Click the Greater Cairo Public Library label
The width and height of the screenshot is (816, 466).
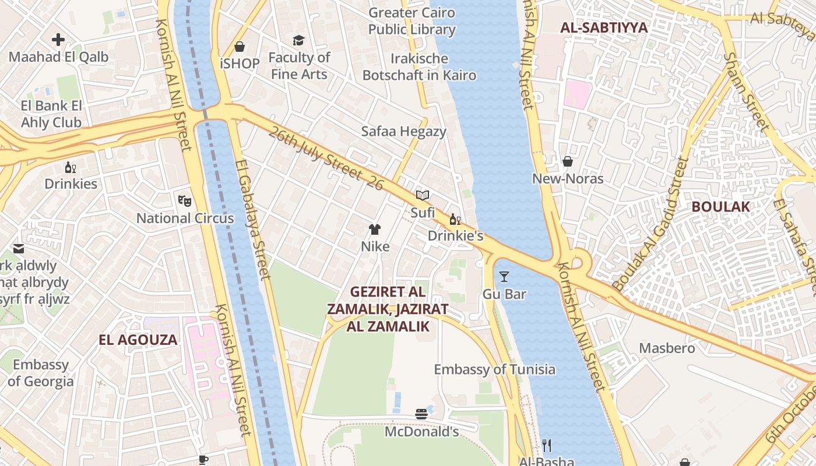coord(411,21)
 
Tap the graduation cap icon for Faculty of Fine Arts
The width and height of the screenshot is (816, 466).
coord(298,40)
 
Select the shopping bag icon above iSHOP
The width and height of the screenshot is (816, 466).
coord(240,47)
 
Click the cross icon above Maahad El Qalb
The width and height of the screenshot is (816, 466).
coord(58,40)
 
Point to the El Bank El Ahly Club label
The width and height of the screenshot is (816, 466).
coord(51,114)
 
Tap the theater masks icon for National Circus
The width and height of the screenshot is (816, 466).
coord(185,201)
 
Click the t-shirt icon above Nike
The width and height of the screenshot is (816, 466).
coord(375,230)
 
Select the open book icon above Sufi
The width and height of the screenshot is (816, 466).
coord(423,196)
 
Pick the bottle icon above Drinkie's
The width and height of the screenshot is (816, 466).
coord(455,220)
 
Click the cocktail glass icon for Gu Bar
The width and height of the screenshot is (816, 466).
coord(504,277)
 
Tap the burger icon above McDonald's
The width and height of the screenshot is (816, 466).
coord(421,414)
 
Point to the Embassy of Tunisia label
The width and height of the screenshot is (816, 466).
coord(494,369)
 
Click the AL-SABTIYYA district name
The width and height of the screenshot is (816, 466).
coord(604,27)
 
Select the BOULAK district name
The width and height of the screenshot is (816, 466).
coord(720,207)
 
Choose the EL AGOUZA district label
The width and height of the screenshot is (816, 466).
coord(138,340)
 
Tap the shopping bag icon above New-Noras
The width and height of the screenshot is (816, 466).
coord(567,161)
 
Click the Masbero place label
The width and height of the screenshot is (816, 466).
coord(667,348)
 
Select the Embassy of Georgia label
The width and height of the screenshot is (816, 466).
coord(41,373)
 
